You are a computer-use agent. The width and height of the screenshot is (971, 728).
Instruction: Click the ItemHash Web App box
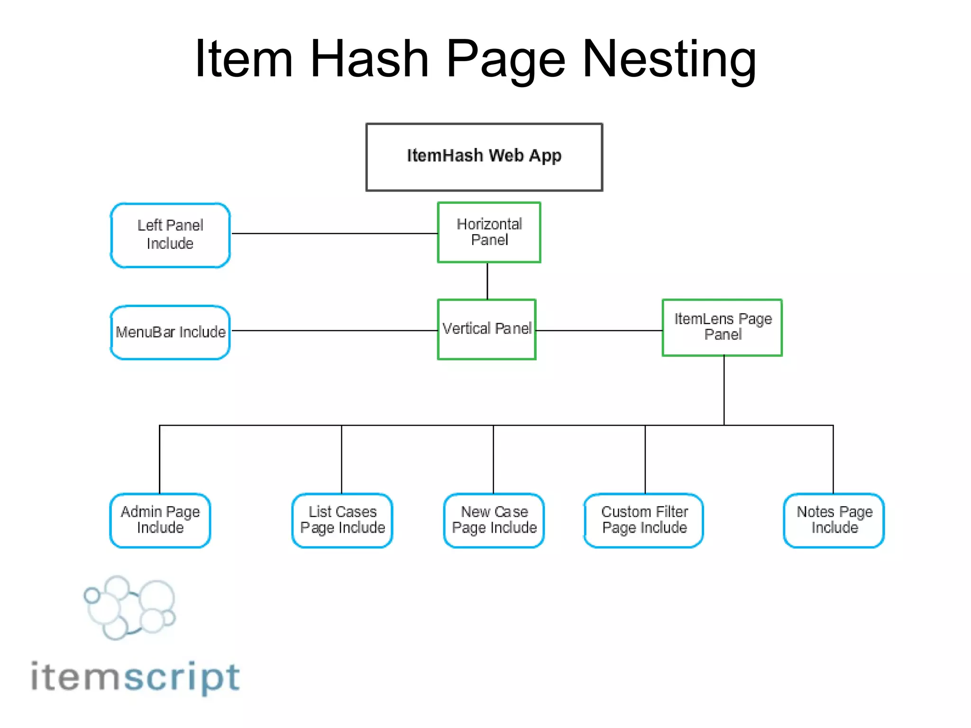(x=484, y=157)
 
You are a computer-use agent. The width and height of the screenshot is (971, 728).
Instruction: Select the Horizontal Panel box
(x=489, y=232)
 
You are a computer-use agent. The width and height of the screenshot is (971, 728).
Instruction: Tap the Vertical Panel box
(x=486, y=329)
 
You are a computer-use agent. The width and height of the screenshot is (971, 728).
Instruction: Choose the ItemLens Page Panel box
(x=722, y=327)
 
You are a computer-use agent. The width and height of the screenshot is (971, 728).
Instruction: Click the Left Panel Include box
(x=170, y=235)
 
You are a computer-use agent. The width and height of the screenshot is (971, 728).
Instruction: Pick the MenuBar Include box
(x=170, y=332)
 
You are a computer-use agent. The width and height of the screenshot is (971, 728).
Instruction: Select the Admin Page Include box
(x=160, y=520)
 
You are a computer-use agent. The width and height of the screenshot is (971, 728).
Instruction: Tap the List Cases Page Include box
(x=342, y=520)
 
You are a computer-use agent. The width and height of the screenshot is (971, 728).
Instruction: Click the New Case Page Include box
(x=494, y=520)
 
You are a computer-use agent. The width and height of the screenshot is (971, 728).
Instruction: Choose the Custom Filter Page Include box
(x=644, y=520)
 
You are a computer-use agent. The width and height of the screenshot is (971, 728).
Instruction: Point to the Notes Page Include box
(x=834, y=520)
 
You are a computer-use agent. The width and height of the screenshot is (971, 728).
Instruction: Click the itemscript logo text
(x=135, y=677)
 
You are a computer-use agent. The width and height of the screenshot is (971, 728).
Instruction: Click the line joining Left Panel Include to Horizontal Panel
(x=334, y=233)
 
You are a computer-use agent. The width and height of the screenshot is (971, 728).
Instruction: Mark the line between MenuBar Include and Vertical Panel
(x=334, y=330)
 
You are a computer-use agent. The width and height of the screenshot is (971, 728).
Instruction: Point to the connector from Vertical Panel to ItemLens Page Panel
(x=599, y=330)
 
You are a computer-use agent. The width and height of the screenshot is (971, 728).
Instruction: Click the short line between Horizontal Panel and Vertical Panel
(x=487, y=281)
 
